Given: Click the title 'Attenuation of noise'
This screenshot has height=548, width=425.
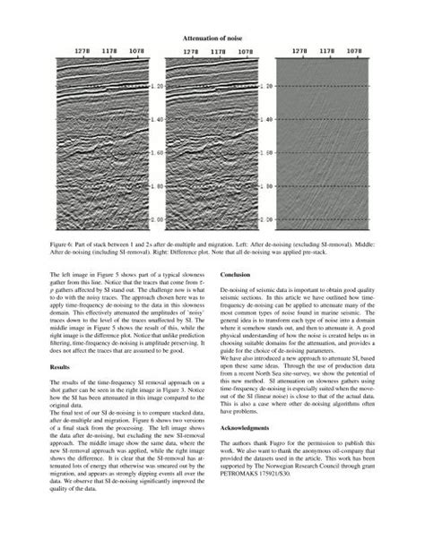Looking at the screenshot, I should pos(212,39).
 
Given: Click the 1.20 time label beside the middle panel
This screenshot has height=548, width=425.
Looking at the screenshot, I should pos(157,86).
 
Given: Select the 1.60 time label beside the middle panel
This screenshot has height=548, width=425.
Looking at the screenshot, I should pos(157,153).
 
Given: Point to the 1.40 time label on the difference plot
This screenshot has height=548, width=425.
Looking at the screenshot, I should pos(265,120).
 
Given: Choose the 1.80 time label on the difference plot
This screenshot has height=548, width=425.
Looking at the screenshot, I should pos(265,186).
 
